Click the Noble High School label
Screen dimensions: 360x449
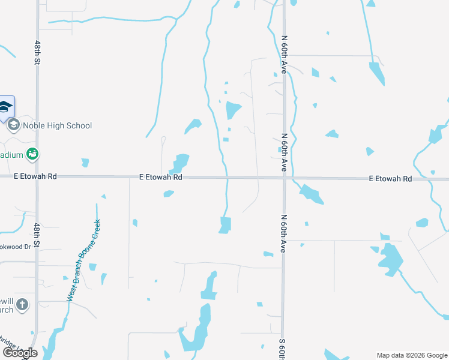point(57,125)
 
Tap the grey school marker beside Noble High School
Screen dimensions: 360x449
point(13,125)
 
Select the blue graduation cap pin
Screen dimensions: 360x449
point(6,107)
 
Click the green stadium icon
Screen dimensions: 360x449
point(32,154)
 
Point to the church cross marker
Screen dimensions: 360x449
point(22,304)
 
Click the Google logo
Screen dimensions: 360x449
point(20,353)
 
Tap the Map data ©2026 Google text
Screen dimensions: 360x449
point(412,355)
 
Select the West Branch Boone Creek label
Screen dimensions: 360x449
point(83,260)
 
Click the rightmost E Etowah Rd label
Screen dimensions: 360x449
point(390,179)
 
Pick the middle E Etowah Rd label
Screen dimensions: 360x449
point(160,177)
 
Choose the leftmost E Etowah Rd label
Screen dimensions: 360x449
point(35,176)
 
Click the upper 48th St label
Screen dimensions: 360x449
point(37,55)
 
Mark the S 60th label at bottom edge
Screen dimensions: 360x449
point(282,349)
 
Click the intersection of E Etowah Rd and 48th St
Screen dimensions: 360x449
point(37,176)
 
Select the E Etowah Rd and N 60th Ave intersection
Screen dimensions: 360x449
point(285,178)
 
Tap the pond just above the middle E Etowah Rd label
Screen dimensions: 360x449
point(180,162)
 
